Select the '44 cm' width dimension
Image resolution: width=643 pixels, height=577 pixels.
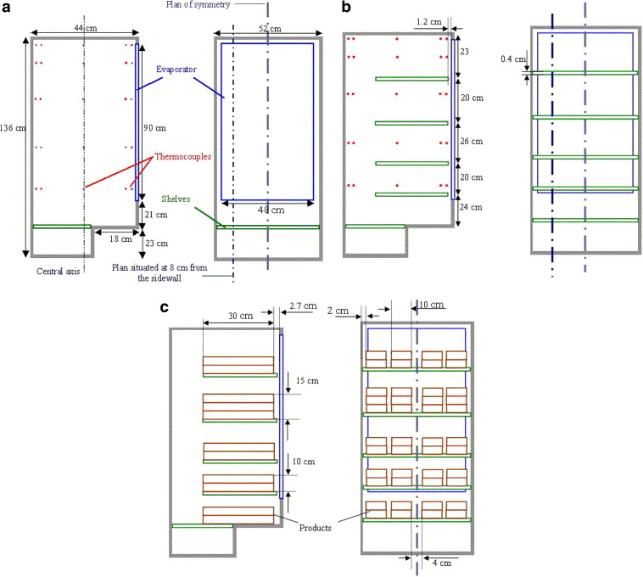point(84,28)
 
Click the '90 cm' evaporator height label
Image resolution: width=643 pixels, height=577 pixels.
point(154,128)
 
